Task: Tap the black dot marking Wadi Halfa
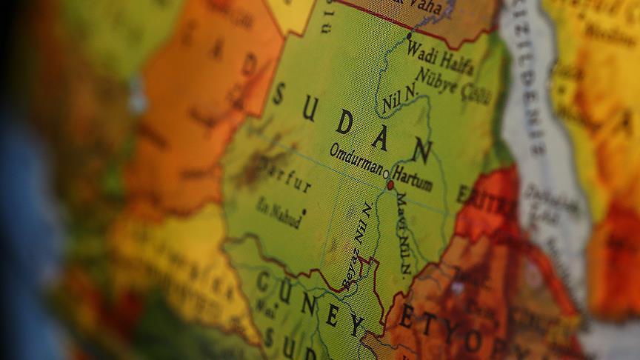coord(409,34)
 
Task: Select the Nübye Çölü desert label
coord(453,83)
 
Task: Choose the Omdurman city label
coord(356,161)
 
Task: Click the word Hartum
coord(413,179)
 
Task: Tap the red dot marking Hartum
coord(390,184)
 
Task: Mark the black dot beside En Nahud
coord(303,212)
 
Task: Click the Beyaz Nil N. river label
coord(357,245)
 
